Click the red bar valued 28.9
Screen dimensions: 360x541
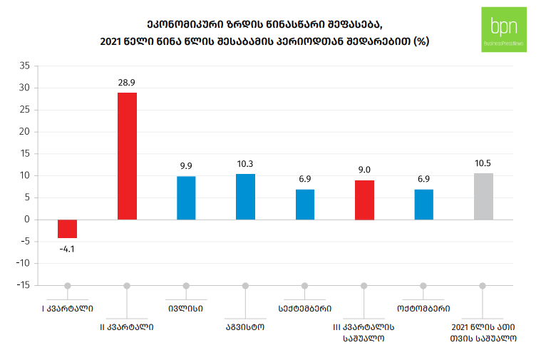(x=127, y=156)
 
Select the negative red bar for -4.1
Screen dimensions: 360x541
(x=68, y=228)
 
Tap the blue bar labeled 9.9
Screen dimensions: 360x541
(x=186, y=197)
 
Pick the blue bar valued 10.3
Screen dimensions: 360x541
(x=245, y=197)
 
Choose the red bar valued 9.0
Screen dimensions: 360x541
(x=364, y=200)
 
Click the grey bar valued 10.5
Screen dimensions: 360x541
(x=483, y=196)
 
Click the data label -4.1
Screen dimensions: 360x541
(x=68, y=249)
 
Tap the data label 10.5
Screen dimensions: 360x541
(x=483, y=163)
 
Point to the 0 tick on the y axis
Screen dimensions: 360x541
(x=26, y=220)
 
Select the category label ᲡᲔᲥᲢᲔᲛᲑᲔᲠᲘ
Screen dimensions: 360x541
(x=304, y=309)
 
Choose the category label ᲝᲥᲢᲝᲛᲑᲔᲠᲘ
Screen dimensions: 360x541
(x=423, y=309)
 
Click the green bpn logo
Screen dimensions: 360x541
(x=504, y=29)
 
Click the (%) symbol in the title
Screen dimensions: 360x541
(x=422, y=41)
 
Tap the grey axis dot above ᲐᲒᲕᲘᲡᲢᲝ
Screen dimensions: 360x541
(x=245, y=286)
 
